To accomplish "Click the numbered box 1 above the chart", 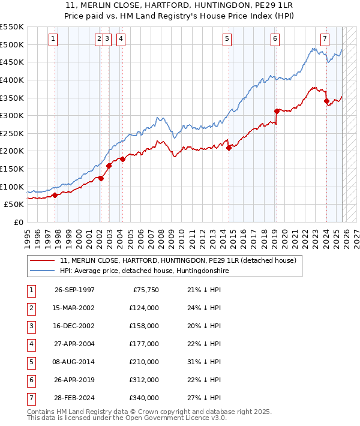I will [53, 39].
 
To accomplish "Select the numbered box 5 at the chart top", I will [227, 39].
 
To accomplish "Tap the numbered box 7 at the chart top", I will [325, 39].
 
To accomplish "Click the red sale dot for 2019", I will [277, 111].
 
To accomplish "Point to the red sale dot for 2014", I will [229, 148].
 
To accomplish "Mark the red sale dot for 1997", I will [55, 195].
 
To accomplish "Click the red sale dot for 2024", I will [326, 101].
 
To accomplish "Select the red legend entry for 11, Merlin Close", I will [178, 261].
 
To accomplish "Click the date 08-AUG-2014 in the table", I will [74, 362].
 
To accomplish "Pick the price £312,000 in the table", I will [144, 380].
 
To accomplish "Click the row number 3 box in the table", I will [29, 326].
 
